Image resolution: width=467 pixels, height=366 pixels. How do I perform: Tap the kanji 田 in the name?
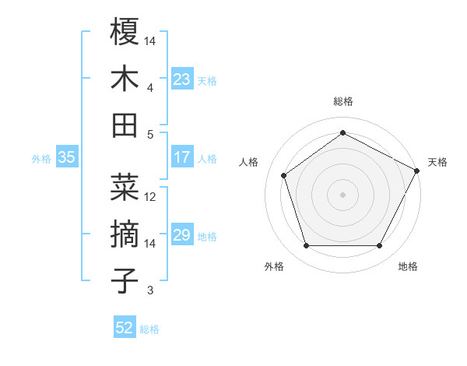[125, 125]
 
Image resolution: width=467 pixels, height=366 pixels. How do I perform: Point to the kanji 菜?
[125, 187]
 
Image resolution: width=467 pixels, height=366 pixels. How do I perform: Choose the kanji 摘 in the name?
[125, 234]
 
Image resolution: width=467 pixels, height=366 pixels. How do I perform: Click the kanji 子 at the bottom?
[125, 280]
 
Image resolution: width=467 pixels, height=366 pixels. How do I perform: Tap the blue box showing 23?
[181, 79]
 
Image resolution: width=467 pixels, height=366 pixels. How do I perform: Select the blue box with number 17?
[181, 157]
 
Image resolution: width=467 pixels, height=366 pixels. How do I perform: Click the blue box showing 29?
[181, 235]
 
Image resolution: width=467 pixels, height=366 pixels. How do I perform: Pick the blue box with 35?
[66, 157]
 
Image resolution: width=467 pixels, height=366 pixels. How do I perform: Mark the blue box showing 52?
[125, 328]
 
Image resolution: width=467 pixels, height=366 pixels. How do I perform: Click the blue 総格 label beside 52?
[150, 329]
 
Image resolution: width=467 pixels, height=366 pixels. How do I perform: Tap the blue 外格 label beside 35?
[41, 158]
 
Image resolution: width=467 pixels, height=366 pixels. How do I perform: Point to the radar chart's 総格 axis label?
[343, 101]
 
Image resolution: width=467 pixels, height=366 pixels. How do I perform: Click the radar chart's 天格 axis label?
[437, 162]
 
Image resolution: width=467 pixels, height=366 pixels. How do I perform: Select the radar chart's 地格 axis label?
[408, 266]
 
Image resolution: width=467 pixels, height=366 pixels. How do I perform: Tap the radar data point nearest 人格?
[284, 175]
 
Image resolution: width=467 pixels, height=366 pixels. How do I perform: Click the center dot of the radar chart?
[343, 194]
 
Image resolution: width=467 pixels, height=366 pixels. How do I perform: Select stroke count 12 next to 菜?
[151, 197]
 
